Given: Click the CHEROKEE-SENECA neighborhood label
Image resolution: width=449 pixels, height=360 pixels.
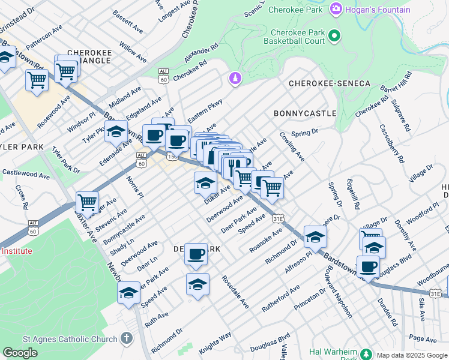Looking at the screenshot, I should click(x=330, y=83).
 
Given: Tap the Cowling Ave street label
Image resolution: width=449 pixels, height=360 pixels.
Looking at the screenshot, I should click(x=292, y=148).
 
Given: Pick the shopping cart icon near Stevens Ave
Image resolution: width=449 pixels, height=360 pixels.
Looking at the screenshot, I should click(x=88, y=202).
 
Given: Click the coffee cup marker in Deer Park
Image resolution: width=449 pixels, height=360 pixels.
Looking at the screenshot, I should click(x=196, y=254).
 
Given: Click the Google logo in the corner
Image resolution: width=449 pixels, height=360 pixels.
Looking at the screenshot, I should click(x=20, y=353).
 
